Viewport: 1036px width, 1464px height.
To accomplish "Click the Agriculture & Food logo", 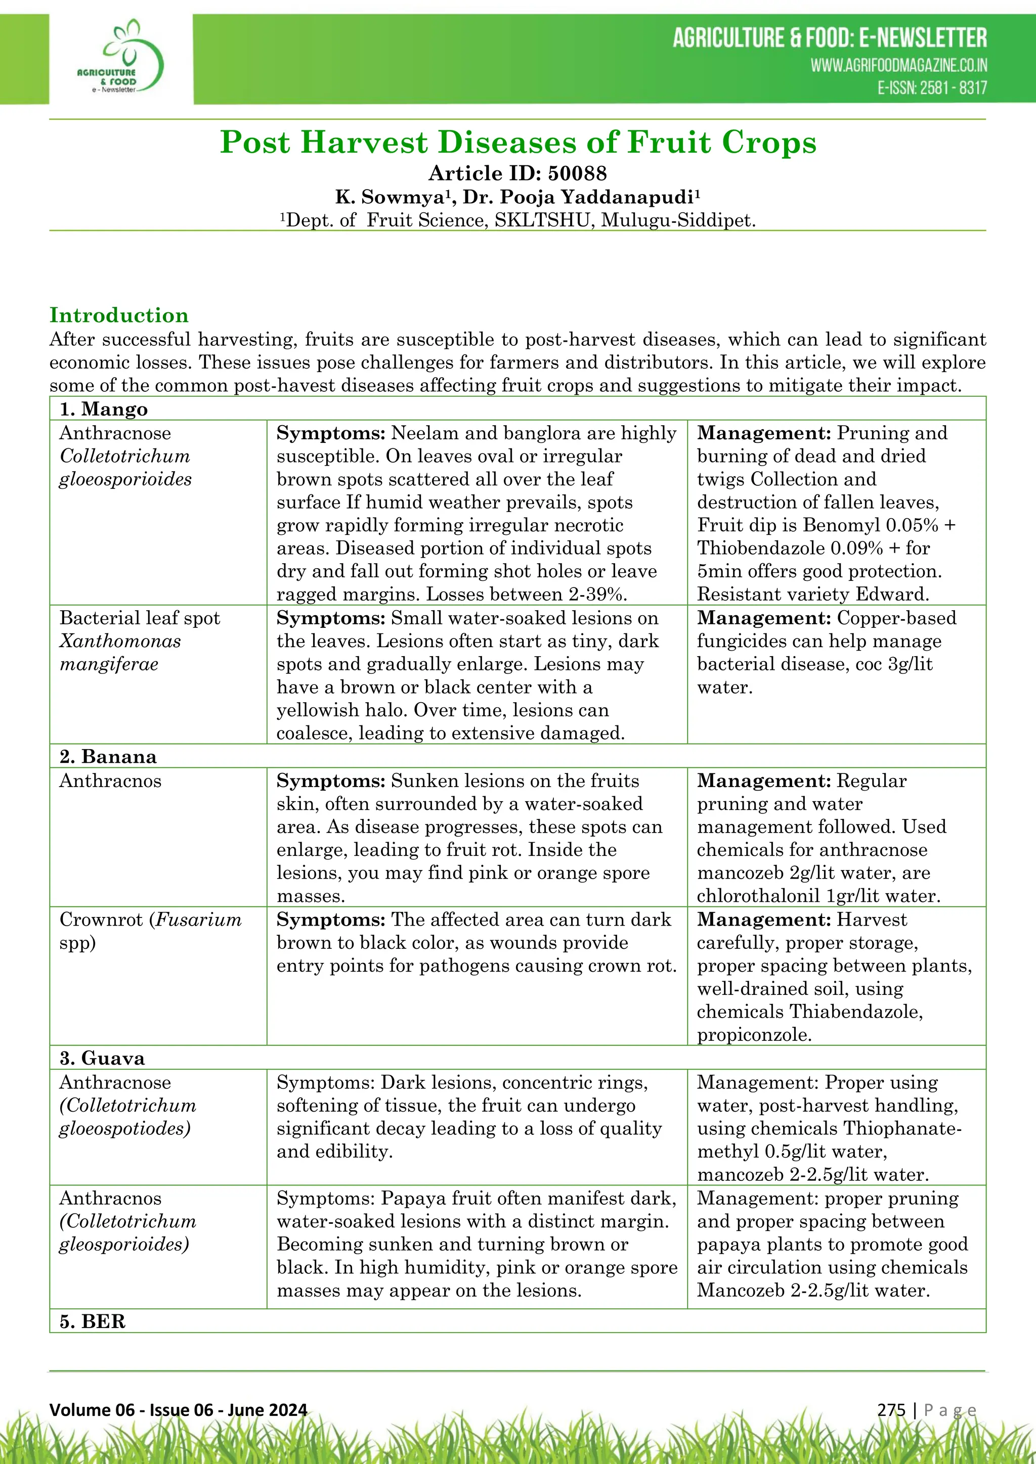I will [121, 59].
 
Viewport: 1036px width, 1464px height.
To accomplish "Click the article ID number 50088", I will [578, 173].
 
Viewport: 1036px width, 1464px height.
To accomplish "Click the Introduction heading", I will [119, 315].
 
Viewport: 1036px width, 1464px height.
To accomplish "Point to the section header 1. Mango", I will [104, 409].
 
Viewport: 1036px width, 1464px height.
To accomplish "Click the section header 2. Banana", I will [108, 756].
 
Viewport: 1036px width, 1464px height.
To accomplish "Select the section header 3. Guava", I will [102, 1058].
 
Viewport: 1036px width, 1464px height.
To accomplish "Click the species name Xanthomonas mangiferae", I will [120, 652].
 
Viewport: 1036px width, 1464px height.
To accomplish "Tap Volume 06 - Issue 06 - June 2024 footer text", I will [179, 1409].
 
